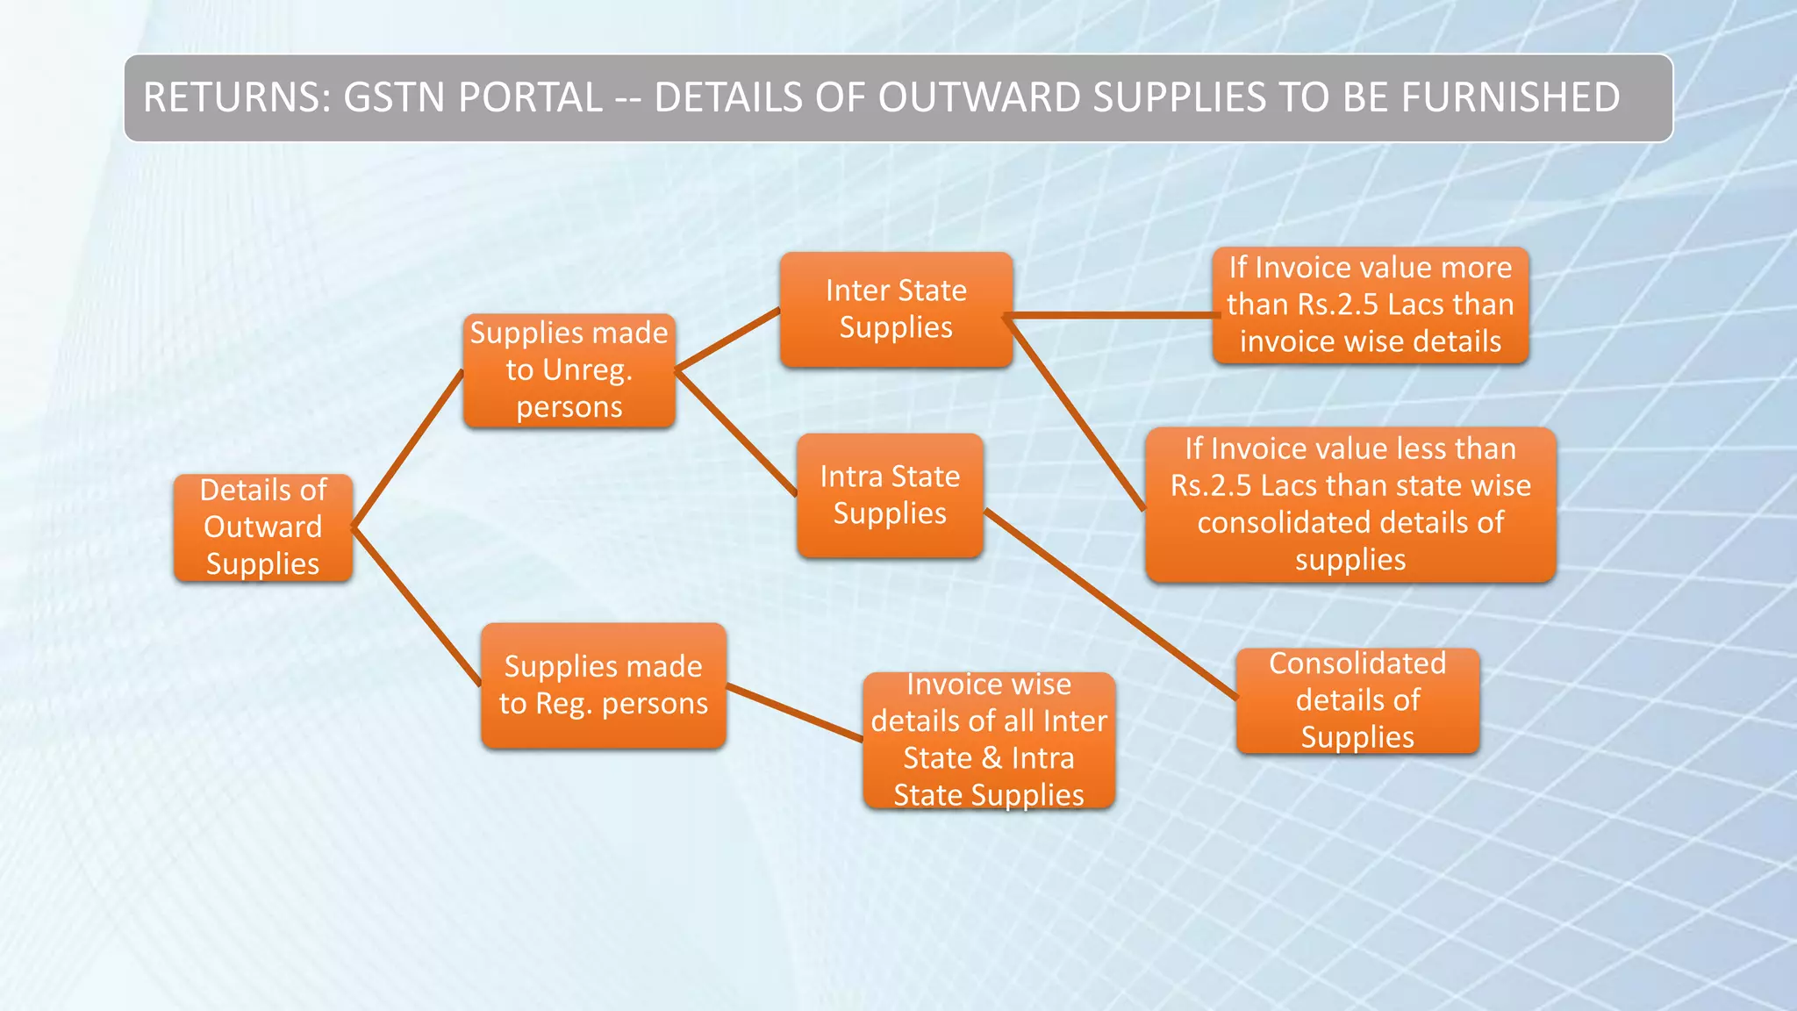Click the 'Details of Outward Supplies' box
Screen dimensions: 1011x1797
263,527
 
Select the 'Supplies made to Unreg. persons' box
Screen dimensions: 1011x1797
569,370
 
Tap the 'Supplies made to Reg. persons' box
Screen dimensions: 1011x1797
604,685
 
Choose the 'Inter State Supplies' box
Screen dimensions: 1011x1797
896,309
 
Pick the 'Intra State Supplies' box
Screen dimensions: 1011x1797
890,495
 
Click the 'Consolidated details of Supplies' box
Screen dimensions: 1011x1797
1357,700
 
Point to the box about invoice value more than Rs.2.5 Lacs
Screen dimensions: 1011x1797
1370,305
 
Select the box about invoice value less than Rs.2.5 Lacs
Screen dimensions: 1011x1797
1350,505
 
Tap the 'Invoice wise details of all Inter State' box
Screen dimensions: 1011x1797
989,740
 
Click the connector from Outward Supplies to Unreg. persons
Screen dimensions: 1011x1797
408,448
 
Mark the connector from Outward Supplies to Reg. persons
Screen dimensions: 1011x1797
416,606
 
